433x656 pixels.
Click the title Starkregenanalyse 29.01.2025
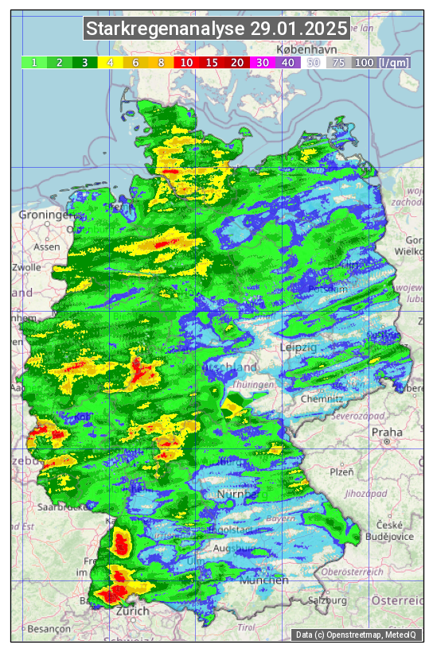[x=216, y=29]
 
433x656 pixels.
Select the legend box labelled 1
[x=33, y=62]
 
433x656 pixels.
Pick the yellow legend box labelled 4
[x=110, y=62]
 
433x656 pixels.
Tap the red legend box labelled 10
[x=185, y=62]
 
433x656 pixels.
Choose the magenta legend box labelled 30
[x=262, y=62]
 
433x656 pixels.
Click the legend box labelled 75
[x=338, y=62]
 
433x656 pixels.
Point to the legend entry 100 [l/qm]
[x=382, y=62]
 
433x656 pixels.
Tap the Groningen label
[x=46, y=215]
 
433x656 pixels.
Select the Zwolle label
[x=26, y=267]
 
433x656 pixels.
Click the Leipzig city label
[x=298, y=347]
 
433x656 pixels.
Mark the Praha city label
[x=387, y=433]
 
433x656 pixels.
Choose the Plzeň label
[x=341, y=472]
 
